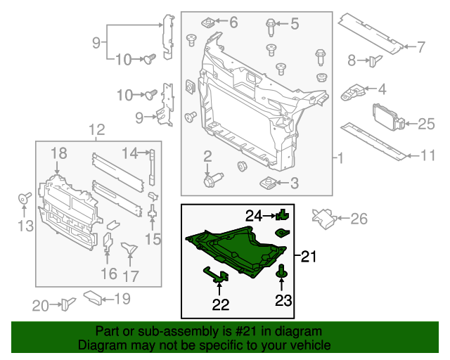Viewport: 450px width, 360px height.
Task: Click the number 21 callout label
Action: coord(309,257)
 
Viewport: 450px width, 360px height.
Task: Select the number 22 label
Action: coord(221,304)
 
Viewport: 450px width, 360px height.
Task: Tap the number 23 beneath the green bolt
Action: coord(283,302)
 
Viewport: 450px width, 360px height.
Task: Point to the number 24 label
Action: coord(253,214)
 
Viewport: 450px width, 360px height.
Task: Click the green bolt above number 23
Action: coord(283,270)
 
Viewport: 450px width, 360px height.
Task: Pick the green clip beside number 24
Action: coord(283,214)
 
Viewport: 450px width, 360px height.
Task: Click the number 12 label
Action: coord(97,129)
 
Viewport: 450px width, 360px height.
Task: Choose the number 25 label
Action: coord(427,124)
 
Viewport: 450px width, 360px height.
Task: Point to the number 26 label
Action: coord(359,219)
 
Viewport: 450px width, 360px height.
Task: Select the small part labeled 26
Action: coord(324,217)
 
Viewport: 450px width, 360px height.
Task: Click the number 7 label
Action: coord(420,48)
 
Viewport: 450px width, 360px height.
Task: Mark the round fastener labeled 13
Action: coord(22,199)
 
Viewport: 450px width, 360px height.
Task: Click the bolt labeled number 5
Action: coord(271,25)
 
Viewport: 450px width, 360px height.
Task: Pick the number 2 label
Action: coord(208,155)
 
